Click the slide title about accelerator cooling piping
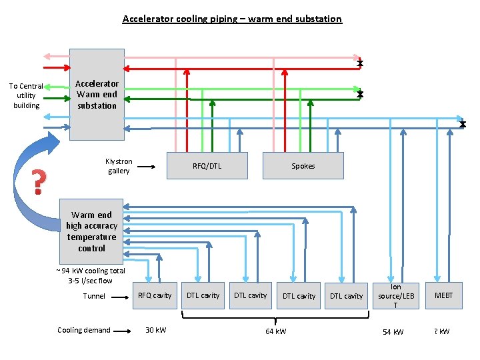tap(232, 19)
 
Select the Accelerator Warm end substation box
tap(97, 95)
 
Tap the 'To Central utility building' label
tap(26, 95)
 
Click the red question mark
tap(39, 182)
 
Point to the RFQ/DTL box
tap(207, 166)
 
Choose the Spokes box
tap(303, 166)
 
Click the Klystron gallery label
tap(119, 166)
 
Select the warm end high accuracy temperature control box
tap(91, 231)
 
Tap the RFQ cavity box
tap(155, 295)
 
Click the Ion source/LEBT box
tap(396, 295)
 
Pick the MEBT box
tap(444, 295)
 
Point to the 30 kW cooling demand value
tap(156, 331)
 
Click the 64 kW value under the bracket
tap(275, 331)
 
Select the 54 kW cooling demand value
tap(393, 331)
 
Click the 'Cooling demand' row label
tap(84, 330)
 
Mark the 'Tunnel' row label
tap(94, 296)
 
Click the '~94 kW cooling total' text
tap(91, 271)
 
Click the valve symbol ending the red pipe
tap(360, 63)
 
